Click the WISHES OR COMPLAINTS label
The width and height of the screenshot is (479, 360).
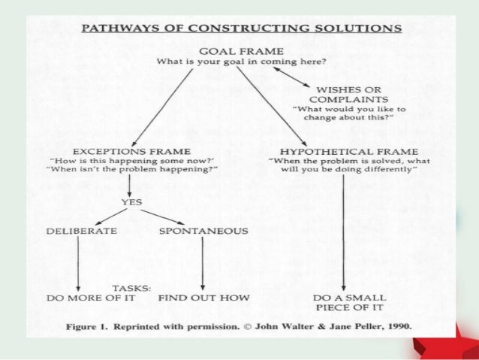pos(348,93)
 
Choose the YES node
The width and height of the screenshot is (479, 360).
pos(131,202)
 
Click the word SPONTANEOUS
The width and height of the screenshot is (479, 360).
pos(203,230)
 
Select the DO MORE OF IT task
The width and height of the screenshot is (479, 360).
pos(79,298)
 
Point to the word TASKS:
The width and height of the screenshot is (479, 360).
pos(132,287)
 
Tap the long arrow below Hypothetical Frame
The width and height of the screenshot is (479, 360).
pos(344,233)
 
